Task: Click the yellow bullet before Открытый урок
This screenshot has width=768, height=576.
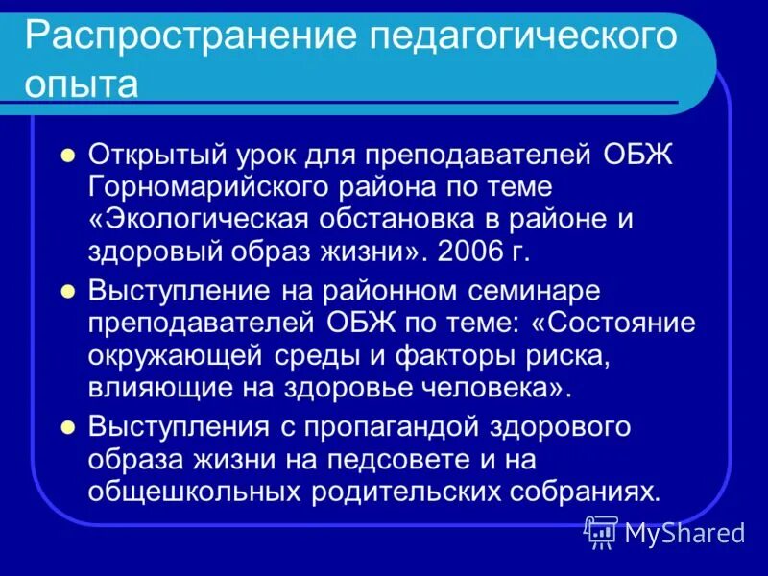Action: pyautogui.click(x=67, y=154)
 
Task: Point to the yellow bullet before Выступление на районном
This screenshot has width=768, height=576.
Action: pyautogui.click(x=67, y=289)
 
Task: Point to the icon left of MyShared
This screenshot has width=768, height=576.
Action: pyautogui.click(x=601, y=531)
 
